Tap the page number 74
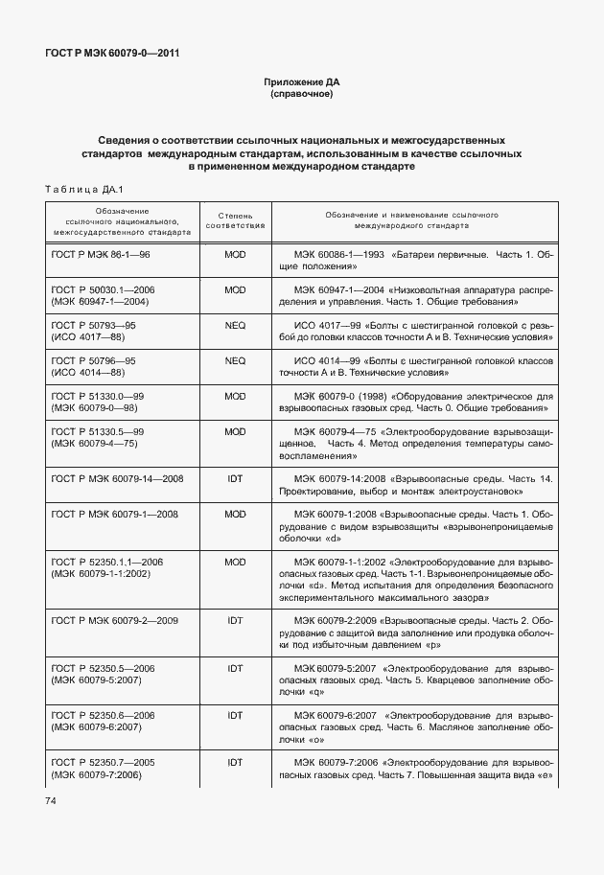pos(50,800)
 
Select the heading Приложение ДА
pos(301,83)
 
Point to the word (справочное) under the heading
pos(301,96)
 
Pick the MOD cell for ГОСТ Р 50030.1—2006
pos(235,289)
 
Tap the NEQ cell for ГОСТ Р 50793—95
pos(235,325)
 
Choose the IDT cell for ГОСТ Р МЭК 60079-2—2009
pos(235,620)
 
